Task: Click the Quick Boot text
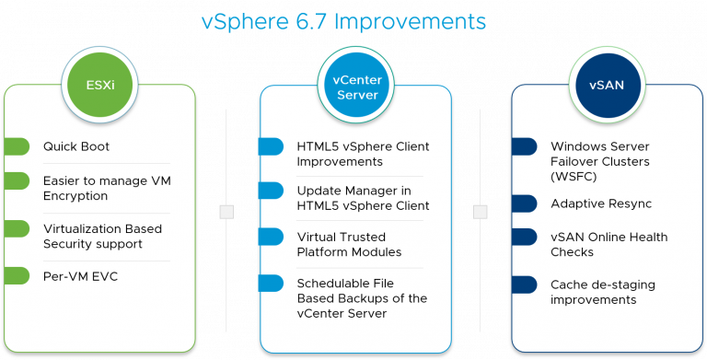pyautogui.click(x=76, y=146)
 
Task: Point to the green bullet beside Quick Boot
pyautogui.click(x=17, y=146)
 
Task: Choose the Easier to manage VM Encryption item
pyautogui.click(x=88, y=188)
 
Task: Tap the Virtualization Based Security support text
pyautogui.click(x=102, y=236)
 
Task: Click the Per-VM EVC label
pyautogui.click(x=80, y=275)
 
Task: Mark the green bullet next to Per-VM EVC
pyautogui.click(x=17, y=275)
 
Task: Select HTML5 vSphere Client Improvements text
pyautogui.click(x=363, y=154)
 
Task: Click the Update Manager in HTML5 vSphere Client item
pyautogui.click(x=363, y=198)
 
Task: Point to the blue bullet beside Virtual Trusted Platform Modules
pyautogui.click(x=271, y=237)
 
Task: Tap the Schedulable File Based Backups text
pyautogui.click(x=362, y=297)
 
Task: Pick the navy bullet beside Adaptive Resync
pyautogui.click(x=524, y=203)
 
